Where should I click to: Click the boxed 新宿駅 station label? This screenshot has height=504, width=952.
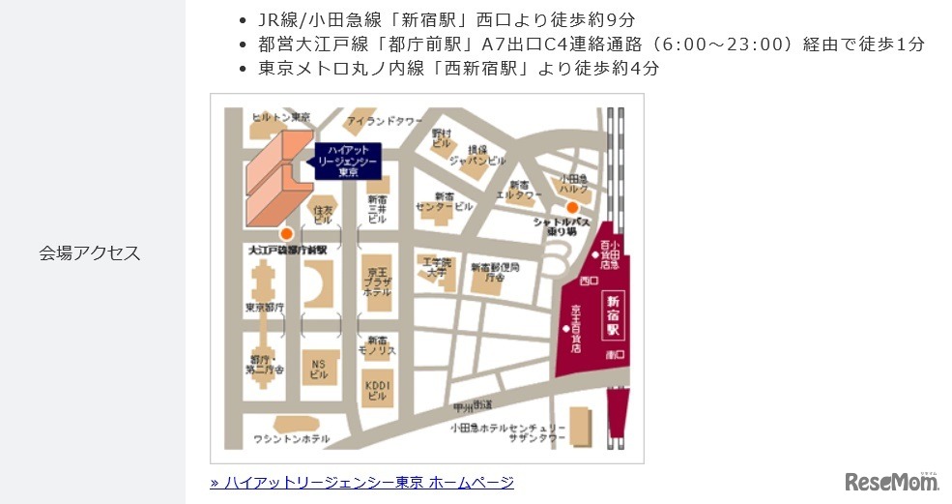point(612,313)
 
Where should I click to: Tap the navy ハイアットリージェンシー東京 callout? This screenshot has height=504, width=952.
point(349,161)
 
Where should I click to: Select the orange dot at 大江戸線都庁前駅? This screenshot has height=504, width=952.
point(285,234)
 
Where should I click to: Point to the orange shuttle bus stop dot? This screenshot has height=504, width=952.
point(572,207)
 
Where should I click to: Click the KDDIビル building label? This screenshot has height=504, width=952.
point(377,390)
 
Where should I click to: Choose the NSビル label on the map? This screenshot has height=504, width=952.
point(319,369)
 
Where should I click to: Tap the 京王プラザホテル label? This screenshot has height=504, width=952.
point(377,280)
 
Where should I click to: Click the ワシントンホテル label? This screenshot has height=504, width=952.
point(291,438)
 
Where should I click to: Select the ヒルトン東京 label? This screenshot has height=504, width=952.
point(280,117)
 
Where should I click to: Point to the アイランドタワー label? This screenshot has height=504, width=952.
point(385,121)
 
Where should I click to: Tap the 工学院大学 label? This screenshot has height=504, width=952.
point(433,267)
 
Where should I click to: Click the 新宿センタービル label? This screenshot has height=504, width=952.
point(444,201)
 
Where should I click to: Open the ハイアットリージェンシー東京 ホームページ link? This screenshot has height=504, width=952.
point(361,482)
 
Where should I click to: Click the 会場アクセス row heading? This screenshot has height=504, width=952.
point(90,253)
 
